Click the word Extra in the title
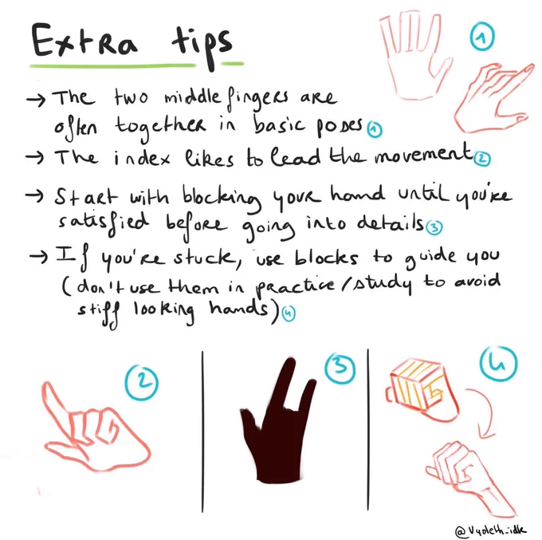pos(84,41)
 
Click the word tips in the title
pos(203,45)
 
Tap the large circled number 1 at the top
pos(482,37)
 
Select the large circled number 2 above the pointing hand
pos(141,383)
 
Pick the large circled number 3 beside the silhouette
pos(340,368)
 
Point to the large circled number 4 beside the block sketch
pos(498,364)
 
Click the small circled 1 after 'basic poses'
pos(374,130)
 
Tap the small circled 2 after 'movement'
pos(482,159)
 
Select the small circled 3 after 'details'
pos(434,227)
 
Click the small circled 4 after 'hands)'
pos(289,313)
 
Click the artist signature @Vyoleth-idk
pos(491,530)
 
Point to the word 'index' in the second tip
pos(142,158)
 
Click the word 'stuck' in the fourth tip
pos(204,258)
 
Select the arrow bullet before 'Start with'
pos(34,196)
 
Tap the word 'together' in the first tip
pos(161,128)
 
